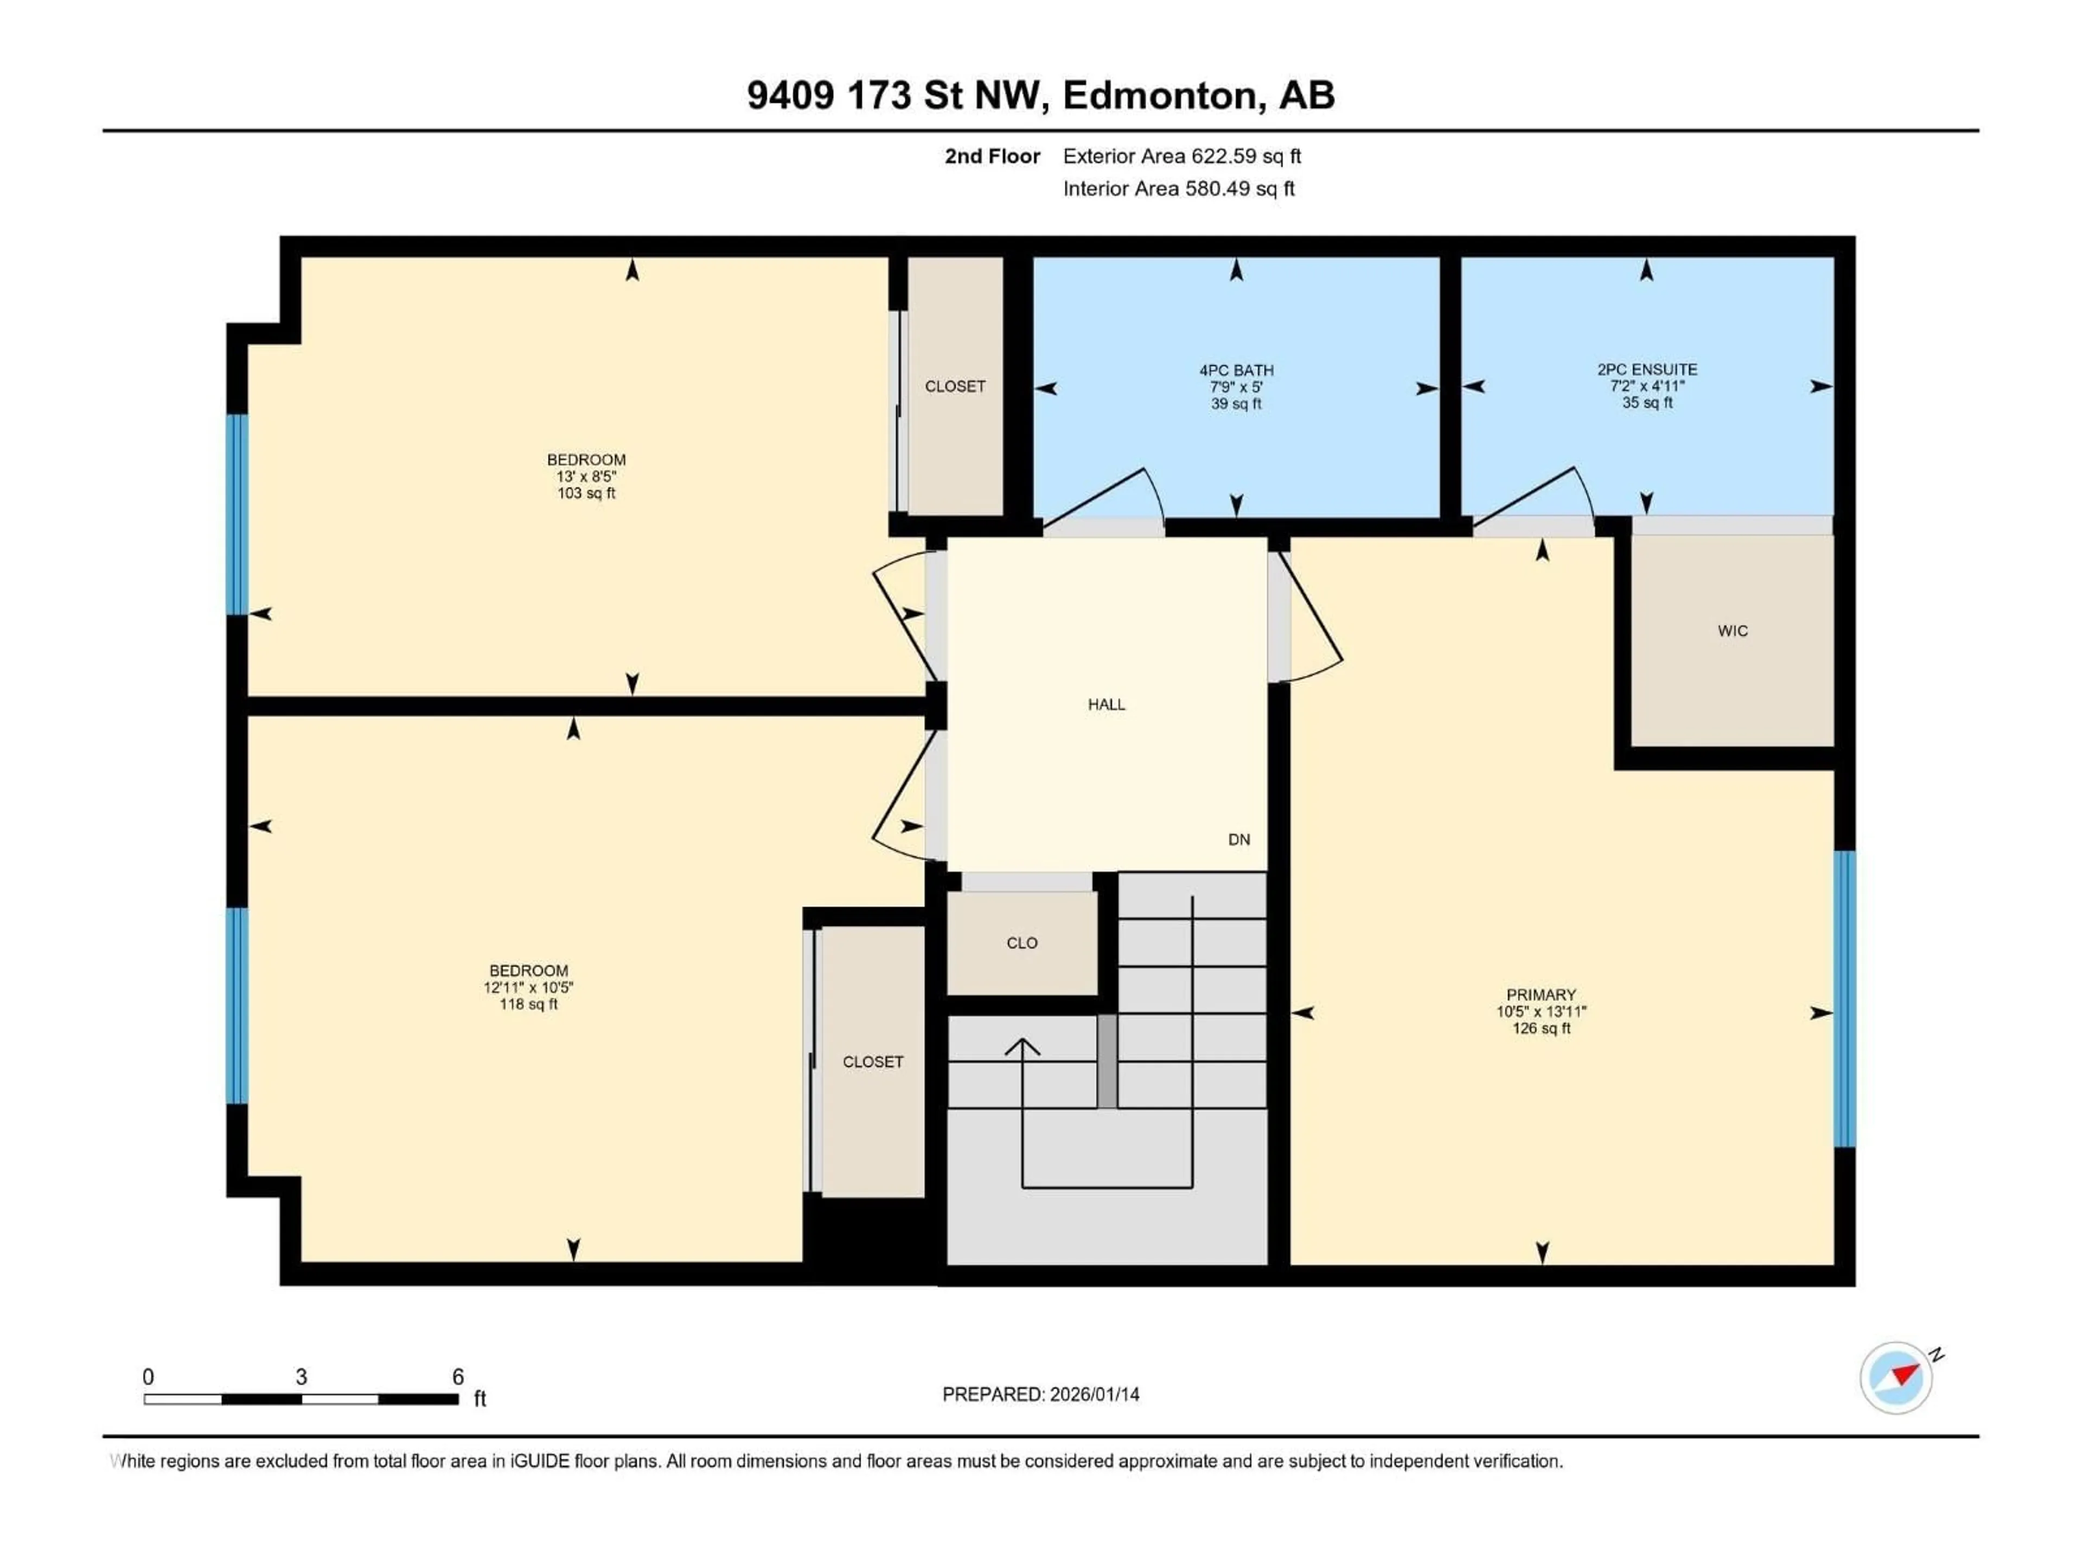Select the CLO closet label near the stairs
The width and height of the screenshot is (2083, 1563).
pos(1022,943)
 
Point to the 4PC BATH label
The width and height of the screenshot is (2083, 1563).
pos(1236,370)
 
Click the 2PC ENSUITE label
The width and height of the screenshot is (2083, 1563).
pos(1646,370)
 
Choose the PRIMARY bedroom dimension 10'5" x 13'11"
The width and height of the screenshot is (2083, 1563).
pos(1541,1012)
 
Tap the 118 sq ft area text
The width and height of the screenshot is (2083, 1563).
pos(528,1005)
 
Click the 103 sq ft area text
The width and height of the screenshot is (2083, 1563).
pos(586,493)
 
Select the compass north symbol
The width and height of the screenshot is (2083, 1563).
pos(1896,1377)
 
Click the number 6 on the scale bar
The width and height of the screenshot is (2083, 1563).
pos(458,1376)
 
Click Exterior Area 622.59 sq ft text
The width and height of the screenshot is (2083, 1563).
pos(1182,156)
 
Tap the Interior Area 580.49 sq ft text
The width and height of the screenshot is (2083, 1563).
pos(1178,188)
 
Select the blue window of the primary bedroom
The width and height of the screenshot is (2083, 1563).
pos(1845,999)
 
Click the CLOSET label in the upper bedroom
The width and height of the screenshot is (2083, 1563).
pos(955,386)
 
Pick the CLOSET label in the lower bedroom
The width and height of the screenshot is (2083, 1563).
pos(873,1062)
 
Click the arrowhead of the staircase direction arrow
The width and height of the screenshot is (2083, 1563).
pos(1023,1045)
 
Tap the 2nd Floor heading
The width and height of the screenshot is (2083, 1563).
pos(992,156)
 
